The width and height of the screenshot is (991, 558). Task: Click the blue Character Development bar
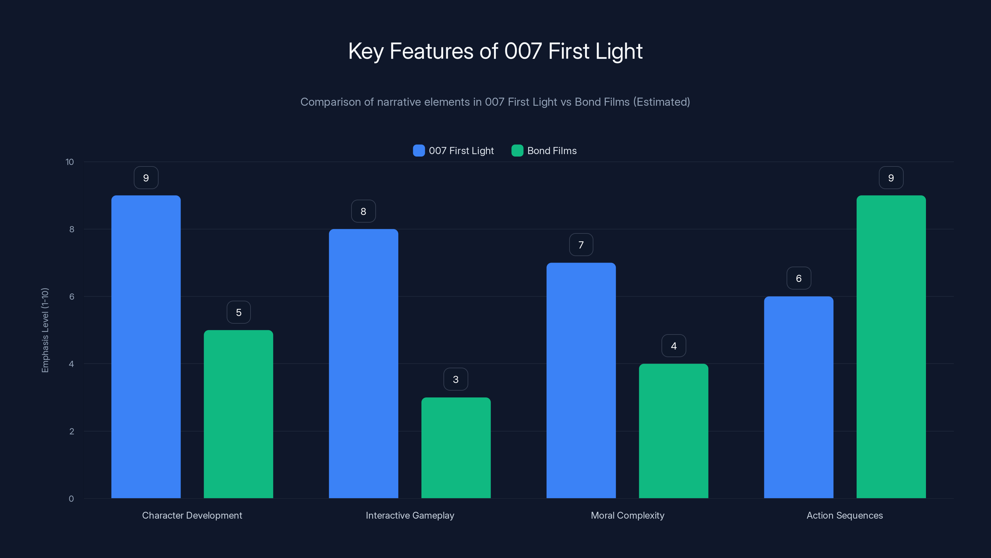[x=146, y=347]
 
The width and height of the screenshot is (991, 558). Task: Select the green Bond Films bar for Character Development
[x=238, y=414]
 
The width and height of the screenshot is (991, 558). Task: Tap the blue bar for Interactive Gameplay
[x=363, y=364]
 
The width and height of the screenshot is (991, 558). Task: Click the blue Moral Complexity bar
[x=581, y=380]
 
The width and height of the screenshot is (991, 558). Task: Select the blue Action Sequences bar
[x=798, y=397]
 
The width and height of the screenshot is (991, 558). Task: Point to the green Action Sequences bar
[x=891, y=347]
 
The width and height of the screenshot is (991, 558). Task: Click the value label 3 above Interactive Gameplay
[x=456, y=379]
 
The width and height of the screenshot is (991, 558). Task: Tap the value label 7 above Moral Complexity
[x=581, y=245]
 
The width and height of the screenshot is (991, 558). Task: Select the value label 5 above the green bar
[x=238, y=312]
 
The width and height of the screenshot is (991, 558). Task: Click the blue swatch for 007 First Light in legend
[x=419, y=151]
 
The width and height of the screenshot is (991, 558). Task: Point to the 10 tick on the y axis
[x=70, y=162]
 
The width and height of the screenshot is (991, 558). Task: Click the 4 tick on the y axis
[x=71, y=364]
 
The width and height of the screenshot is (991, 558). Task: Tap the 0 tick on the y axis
[x=71, y=499]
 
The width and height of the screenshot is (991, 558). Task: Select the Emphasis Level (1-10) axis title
[x=45, y=330]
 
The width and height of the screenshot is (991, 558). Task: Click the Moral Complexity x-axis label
[x=627, y=515]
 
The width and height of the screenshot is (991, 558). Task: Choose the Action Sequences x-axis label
[x=845, y=515]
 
